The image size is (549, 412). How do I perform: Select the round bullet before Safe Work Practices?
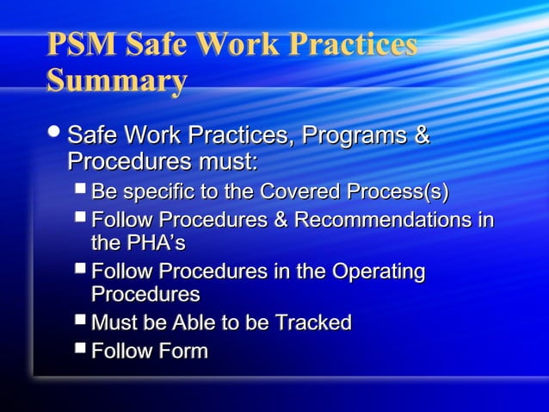click(x=56, y=134)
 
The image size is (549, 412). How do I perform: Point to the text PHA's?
click(x=156, y=243)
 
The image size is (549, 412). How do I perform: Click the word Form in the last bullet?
click(x=182, y=351)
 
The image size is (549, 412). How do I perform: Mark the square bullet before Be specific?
click(x=80, y=188)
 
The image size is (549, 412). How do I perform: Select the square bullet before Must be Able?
click(x=80, y=320)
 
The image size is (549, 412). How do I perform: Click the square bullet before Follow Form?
click(x=80, y=348)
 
